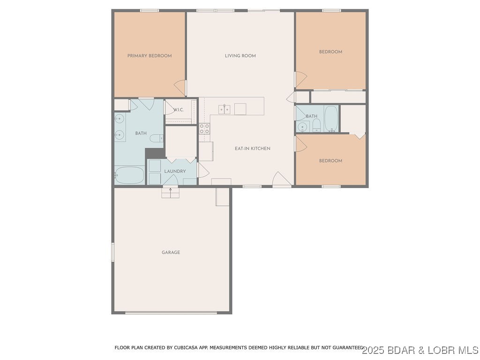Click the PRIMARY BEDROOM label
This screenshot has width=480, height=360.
click(x=150, y=56)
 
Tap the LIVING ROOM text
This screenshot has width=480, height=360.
click(x=240, y=56)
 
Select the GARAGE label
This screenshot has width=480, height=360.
click(x=171, y=253)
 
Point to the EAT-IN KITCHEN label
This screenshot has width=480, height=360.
click(x=252, y=149)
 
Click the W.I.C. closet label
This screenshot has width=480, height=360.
click(x=178, y=110)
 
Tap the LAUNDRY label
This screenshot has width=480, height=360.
click(x=175, y=172)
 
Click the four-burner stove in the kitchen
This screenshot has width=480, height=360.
click(x=204, y=128)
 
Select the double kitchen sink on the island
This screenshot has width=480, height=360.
click(x=224, y=109)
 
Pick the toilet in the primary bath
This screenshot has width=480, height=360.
click(x=158, y=138)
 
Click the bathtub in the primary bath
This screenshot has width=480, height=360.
click(x=129, y=175)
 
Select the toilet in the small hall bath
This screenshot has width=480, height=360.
click(x=316, y=125)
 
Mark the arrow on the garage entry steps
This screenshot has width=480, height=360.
click(x=171, y=189)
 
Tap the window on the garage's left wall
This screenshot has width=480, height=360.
click(x=112, y=252)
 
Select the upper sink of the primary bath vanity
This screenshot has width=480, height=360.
click(x=119, y=119)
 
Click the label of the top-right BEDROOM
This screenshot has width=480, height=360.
click(x=330, y=52)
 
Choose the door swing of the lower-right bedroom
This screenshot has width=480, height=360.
click(x=300, y=144)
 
